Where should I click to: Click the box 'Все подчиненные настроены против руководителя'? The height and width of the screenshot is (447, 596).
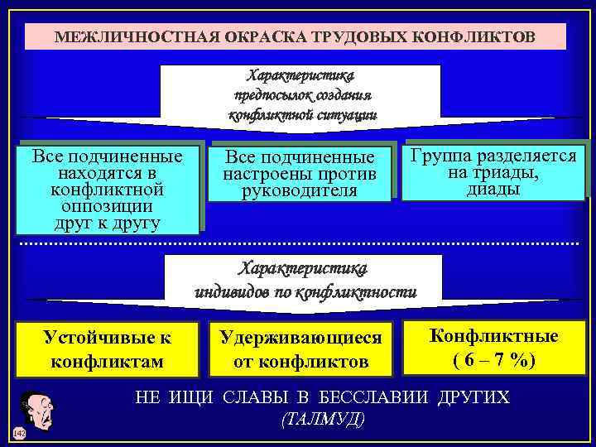[x=300, y=175]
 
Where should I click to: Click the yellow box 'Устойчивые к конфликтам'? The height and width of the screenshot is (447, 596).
[x=107, y=349]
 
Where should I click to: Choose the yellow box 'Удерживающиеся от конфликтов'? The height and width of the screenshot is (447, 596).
[x=300, y=349]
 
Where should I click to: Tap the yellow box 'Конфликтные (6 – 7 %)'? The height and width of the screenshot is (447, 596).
[x=493, y=348]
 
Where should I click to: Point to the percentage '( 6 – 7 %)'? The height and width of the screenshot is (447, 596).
[x=493, y=361]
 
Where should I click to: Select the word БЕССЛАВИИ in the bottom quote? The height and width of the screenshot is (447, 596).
[x=380, y=397]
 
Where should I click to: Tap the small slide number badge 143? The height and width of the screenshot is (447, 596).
[x=19, y=433]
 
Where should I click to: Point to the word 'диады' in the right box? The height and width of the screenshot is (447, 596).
[x=493, y=189]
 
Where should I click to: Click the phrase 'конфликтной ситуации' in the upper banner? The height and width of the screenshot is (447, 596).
[x=302, y=115]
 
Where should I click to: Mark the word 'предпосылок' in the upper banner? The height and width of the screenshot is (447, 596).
[x=267, y=95]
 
